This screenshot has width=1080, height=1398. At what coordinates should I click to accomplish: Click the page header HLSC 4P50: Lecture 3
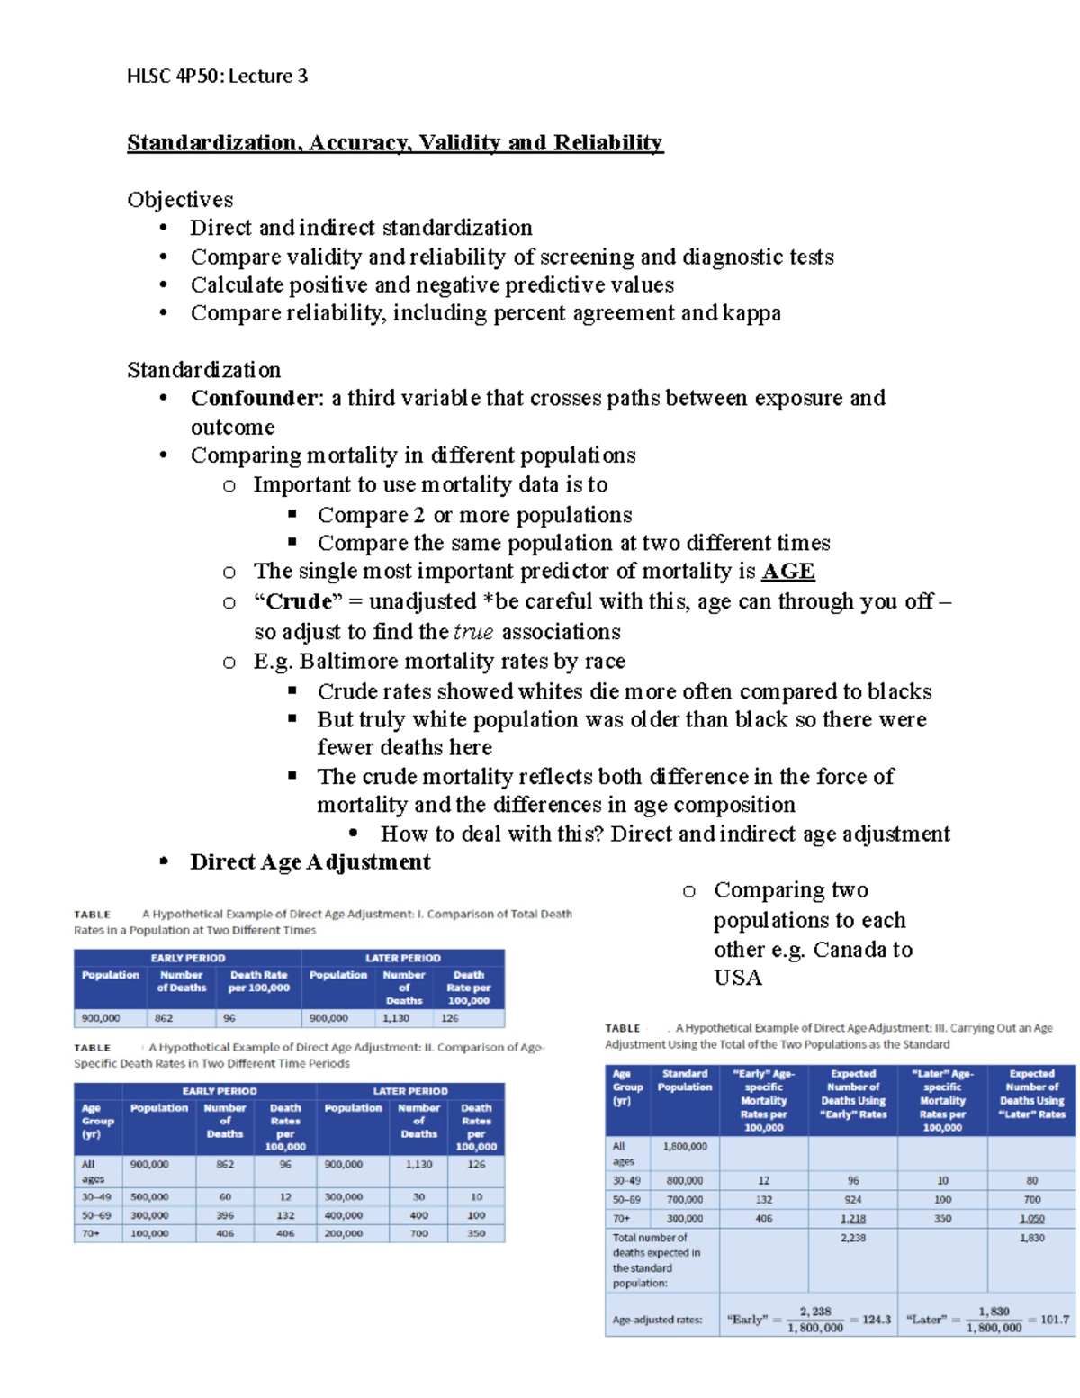point(217,77)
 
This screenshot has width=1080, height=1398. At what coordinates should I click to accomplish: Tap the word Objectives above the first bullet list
point(180,200)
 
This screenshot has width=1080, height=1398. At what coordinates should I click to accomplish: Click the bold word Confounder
point(255,398)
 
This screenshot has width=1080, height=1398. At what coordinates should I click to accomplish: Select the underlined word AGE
point(787,572)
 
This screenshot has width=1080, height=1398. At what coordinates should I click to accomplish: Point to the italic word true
point(473,632)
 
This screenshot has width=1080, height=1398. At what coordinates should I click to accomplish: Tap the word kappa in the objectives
point(751,313)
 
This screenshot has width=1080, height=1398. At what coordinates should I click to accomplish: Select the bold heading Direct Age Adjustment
point(310,862)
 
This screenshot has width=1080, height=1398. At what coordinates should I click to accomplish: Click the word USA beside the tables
point(737,978)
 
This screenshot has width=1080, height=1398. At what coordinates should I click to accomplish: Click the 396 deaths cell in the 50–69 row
point(225,1215)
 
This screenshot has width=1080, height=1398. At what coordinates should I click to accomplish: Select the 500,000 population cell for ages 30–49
point(149,1197)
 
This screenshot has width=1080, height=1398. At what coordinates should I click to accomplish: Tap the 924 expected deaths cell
point(852,1200)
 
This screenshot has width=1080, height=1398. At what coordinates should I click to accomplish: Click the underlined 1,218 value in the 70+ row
point(852,1219)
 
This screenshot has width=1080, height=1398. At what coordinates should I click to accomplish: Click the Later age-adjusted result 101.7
point(1054,1320)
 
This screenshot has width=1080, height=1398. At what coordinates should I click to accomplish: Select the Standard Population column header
point(684,1080)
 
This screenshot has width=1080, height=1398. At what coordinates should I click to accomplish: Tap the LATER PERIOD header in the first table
point(402,958)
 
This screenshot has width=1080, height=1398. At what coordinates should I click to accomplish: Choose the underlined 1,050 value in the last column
point(1031,1219)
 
